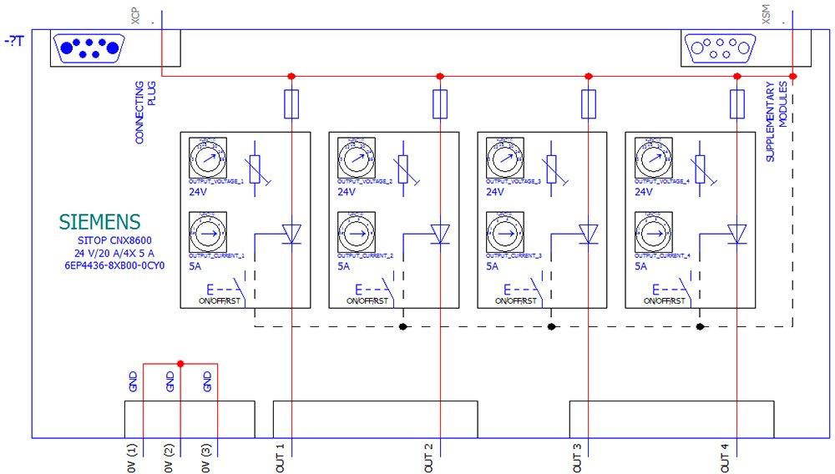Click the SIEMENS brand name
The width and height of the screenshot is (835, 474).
coord(99,221)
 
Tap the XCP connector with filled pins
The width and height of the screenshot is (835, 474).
coord(88,48)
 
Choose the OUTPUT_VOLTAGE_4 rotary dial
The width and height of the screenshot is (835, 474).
coord(650,156)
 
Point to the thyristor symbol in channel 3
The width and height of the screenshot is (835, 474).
coord(588,234)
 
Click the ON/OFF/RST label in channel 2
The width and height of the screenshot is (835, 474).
coord(367,300)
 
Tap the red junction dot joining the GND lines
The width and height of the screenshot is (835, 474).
coord(180,363)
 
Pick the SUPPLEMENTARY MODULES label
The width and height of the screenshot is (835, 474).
coord(777,122)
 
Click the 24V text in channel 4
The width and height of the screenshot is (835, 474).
coord(643,192)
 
